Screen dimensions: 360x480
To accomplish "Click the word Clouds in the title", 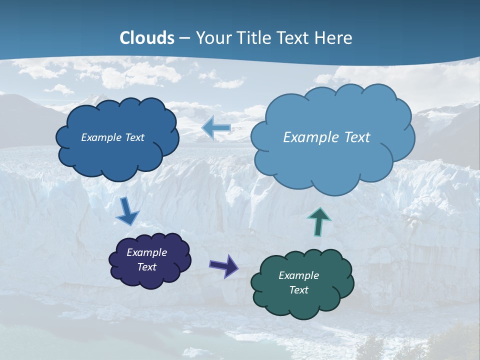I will (147, 38).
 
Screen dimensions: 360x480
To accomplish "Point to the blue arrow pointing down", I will (127, 212).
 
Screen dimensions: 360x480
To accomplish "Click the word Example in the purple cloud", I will (146, 252).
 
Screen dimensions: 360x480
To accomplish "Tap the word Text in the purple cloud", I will (146, 267).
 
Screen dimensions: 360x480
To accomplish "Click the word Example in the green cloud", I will (298, 275).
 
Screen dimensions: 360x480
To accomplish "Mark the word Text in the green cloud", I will (298, 290).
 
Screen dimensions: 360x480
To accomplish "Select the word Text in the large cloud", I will (356, 137).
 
